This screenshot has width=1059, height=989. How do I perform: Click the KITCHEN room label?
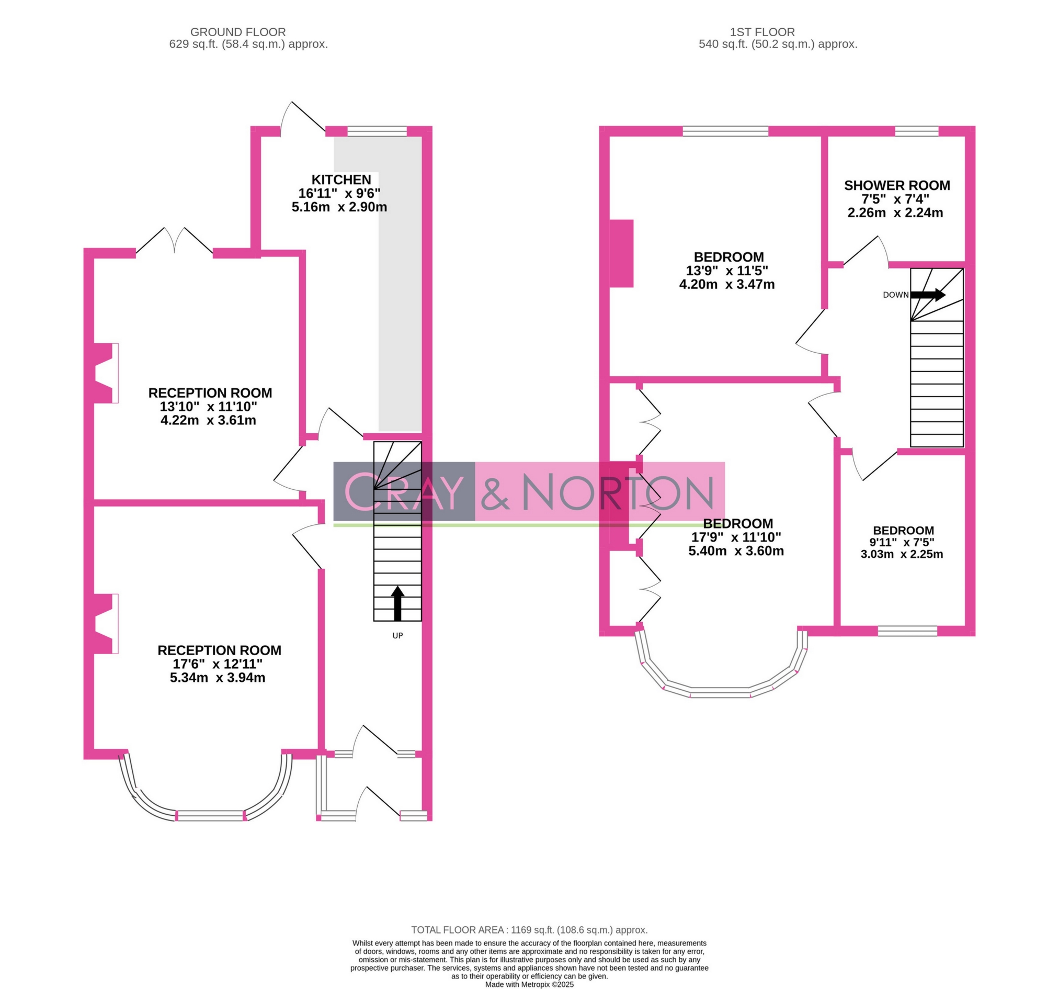coord(341,179)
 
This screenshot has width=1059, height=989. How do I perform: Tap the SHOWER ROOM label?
coord(897,186)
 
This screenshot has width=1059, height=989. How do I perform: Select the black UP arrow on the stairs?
coord(397,603)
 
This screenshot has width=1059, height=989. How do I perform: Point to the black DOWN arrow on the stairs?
coord(927,295)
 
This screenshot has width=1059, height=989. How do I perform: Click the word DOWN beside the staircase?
coord(896,295)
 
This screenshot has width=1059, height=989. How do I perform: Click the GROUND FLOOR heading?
coord(237,32)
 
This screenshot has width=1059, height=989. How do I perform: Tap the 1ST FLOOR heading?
coord(762,32)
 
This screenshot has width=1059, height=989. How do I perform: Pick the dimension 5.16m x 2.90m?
coord(339,207)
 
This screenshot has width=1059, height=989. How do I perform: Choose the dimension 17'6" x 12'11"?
coord(218,664)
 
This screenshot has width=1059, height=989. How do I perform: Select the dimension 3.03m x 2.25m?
coord(902,554)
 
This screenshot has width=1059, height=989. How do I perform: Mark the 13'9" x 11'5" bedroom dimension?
coord(726,271)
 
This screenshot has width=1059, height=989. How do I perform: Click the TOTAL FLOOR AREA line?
coord(529,930)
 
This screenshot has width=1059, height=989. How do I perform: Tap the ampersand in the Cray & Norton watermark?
coord(495,491)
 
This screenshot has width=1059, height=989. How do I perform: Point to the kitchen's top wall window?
coord(377,131)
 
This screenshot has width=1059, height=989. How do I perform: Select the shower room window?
coord(917,131)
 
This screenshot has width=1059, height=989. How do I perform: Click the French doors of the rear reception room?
coord(174,241)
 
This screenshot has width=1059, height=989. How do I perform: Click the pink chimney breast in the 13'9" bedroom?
coord(621,254)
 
